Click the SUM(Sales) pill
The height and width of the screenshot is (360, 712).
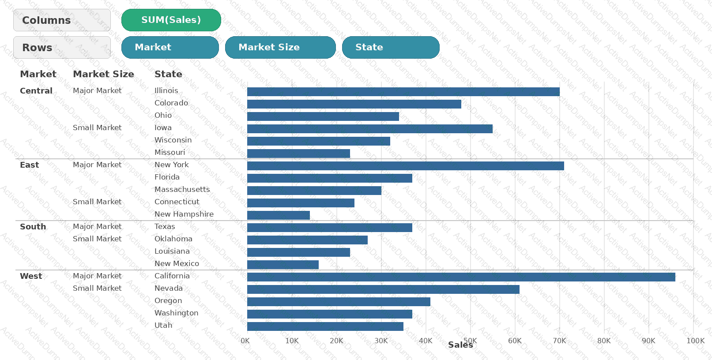pyautogui.click(x=171, y=20)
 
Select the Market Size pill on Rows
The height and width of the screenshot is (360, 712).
pyautogui.click(x=280, y=47)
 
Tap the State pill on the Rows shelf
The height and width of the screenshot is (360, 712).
pyautogui.click(x=391, y=47)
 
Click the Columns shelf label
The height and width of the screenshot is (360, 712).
pyautogui.click(x=62, y=20)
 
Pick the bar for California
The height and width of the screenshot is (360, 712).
pyautogui.click(x=461, y=277)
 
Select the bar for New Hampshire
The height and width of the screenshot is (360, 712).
pyautogui.click(x=279, y=215)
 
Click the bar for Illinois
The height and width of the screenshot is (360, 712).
pyautogui.click(x=403, y=92)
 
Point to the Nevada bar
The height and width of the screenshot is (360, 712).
pyautogui.click(x=383, y=289)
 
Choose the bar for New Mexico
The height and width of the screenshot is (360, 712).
pyautogui.click(x=283, y=265)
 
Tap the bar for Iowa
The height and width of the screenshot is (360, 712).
pyautogui.click(x=370, y=129)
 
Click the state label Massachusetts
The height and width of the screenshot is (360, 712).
pyautogui.click(x=182, y=189)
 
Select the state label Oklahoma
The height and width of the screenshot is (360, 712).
pyautogui.click(x=173, y=239)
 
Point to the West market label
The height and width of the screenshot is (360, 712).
pyautogui.click(x=31, y=276)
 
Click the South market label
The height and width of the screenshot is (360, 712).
pyautogui.click(x=33, y=227)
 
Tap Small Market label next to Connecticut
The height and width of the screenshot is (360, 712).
pyautogui.click(x=97, y=202)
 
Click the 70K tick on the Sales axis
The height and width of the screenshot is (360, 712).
pyautogui.click(x=559, y=341)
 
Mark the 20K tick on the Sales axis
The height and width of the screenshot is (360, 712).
pyautogui.click(x=336, y=341)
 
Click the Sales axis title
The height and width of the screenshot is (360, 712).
pyautogui.click(x=460, y=345)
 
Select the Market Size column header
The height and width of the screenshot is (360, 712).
pyautogui.click(x=104, y=74)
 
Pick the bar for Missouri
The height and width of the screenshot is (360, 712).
pyautogui.click(x=298, y=154)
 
